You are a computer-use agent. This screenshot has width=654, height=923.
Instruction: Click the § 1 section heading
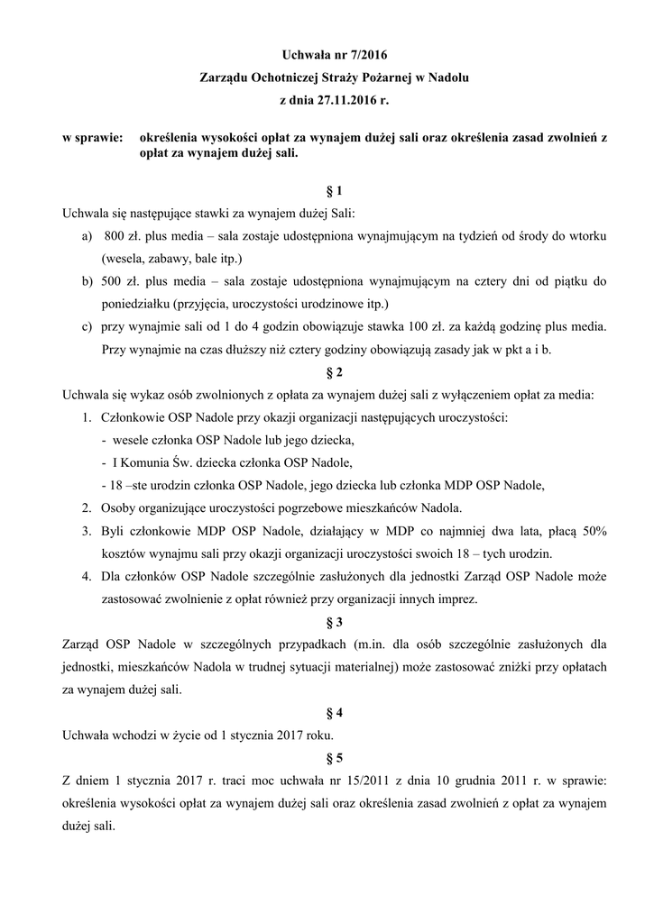pyautogui.click(x=333, y=191)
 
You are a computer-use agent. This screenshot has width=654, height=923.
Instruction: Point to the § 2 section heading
pyautogui.click(x=333, y=370)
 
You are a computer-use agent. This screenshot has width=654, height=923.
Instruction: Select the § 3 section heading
pyautogui.click(x=333, y=622)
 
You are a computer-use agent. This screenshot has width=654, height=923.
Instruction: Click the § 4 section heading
pyautogui.click(x=333, y=715)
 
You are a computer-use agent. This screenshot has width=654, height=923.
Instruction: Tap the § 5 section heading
pyautogui.click(x=333, y=758)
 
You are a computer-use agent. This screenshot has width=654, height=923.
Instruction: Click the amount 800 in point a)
pyautogui.click(x=115, y=235)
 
